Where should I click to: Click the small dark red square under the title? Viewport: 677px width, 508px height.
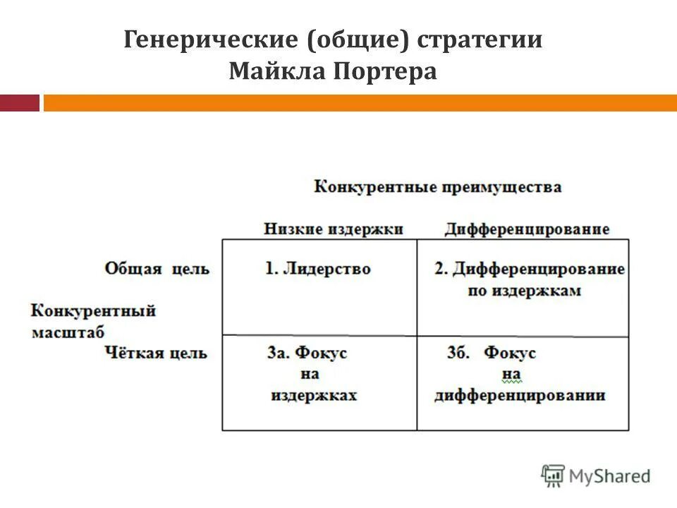pos(19,103)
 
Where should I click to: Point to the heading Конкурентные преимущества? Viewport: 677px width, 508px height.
pos(437,187)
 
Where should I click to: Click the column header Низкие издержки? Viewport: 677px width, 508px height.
pos(334,229)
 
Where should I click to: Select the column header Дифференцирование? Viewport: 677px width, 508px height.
pos(527,229)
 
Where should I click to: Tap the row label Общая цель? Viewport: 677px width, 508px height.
pos(157,269)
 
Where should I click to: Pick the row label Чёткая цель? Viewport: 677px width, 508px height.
pos(156,353)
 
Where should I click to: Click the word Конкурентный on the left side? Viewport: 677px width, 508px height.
pos(93,310)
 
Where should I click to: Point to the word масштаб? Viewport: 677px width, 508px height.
pos(68,332)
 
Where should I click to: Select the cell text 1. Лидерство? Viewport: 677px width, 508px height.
pos(318,269)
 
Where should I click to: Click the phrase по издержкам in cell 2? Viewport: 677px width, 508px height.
pos(524,291)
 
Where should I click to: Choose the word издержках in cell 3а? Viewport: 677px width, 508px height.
pos(314,395)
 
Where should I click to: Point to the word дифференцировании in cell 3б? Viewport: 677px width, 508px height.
pos(520,395)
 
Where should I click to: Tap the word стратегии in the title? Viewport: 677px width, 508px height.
pos(480,39)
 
